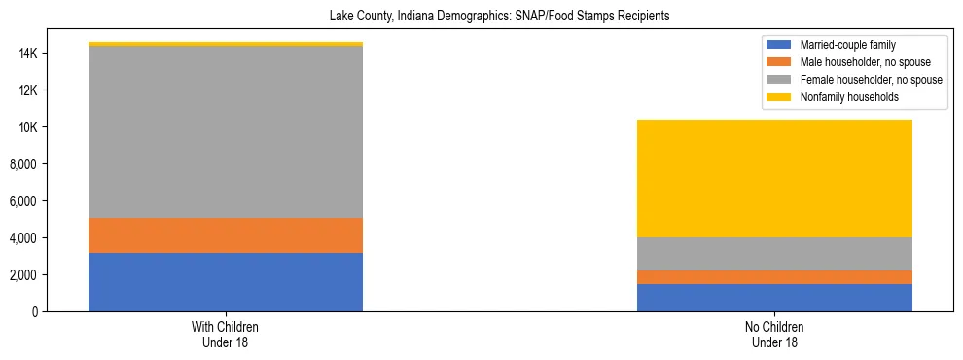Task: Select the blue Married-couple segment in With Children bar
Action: (x=226, y=282)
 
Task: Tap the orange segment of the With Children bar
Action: (x=226, y=235)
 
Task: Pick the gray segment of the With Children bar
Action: (x=226, y=132)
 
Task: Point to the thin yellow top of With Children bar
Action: (x=226, y=44)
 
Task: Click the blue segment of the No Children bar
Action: (x=774, y=298)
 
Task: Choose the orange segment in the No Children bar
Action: (x=774, y=277)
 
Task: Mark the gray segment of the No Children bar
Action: (x=774, y=254)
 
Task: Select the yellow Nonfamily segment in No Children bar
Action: (x=774, y=178)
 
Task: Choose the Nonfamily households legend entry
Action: (x=842, y=97)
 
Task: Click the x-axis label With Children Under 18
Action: (x=226, y=335)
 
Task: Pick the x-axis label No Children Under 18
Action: (x=774, y=335)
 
